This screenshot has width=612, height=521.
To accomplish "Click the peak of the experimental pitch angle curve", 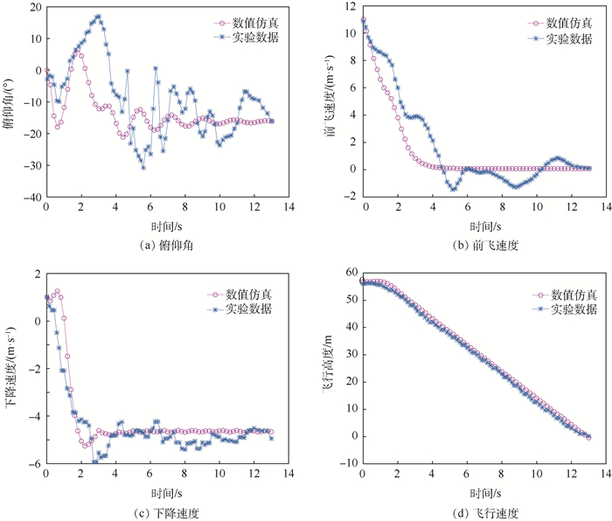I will (x=97, y=17).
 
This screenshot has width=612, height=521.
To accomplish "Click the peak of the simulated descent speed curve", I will (x=57, y=291).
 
